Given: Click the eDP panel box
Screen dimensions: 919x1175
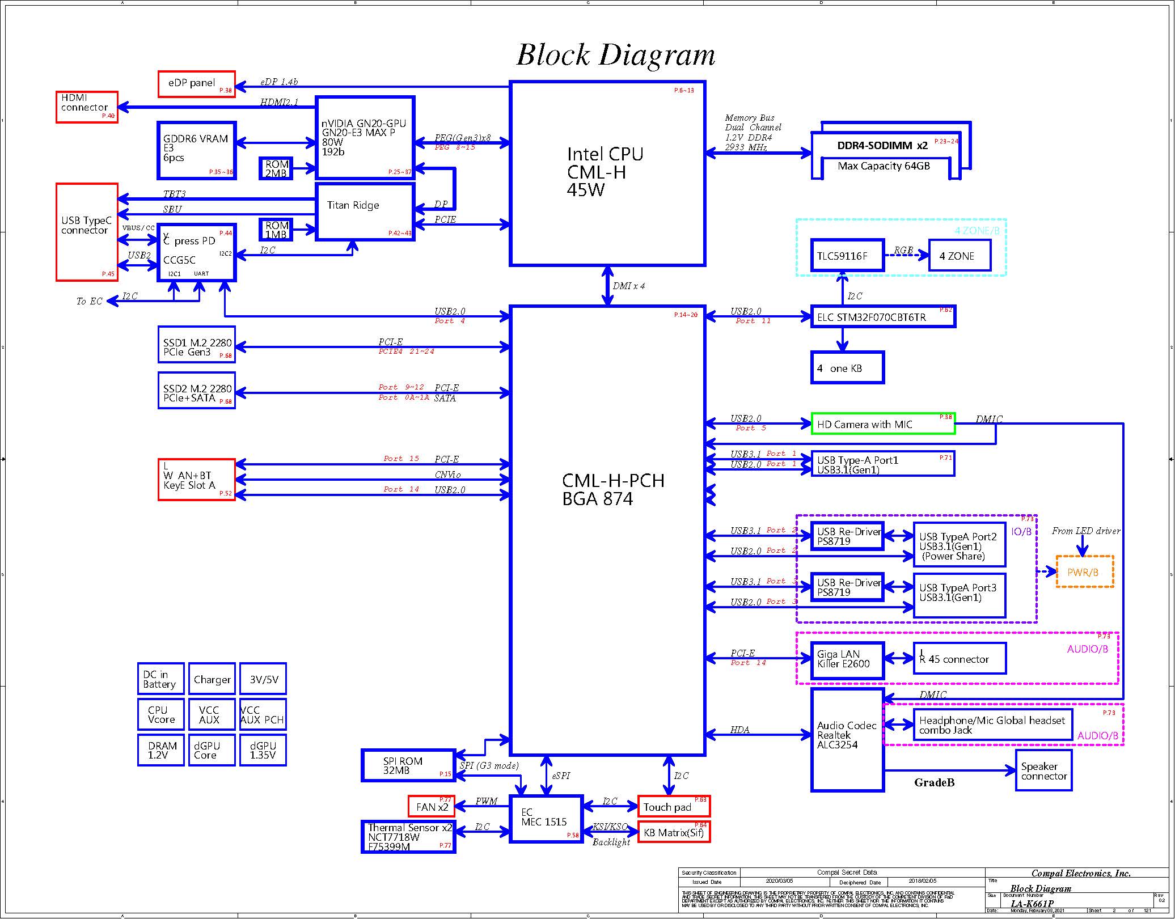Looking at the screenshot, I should pos(196,84).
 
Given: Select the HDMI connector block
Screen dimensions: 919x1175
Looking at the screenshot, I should pos(87,107).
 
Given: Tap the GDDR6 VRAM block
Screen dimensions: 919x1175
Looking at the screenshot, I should pos(196,150).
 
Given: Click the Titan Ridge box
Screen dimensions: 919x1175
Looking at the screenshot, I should pos(365,211).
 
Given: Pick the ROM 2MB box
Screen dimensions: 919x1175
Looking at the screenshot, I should pos(276,168).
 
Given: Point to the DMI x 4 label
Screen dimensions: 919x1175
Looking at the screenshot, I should pos(628,286).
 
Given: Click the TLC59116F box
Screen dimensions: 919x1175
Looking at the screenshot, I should pos(847,256).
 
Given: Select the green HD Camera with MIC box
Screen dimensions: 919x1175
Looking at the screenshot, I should pos(882,424).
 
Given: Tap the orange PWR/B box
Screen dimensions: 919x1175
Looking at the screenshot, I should pos(1084,572).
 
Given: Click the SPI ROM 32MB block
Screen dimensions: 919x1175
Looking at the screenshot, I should pos(408,765).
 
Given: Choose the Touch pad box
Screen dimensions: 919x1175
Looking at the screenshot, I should pos(673,806).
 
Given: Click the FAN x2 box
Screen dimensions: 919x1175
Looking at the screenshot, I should pos(432,806).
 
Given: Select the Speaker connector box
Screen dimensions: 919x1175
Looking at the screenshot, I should pos(1043,770).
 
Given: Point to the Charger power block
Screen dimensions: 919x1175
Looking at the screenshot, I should pos(212,679).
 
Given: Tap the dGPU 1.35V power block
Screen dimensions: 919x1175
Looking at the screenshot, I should pos(263,750).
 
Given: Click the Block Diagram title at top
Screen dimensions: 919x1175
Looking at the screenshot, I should pos(615,56).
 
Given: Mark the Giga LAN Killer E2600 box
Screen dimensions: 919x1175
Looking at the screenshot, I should pos(847,660).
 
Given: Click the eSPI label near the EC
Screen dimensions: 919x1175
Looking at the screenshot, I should pos(561,776).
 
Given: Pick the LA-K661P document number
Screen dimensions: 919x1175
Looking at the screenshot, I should pos(1032,904).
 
